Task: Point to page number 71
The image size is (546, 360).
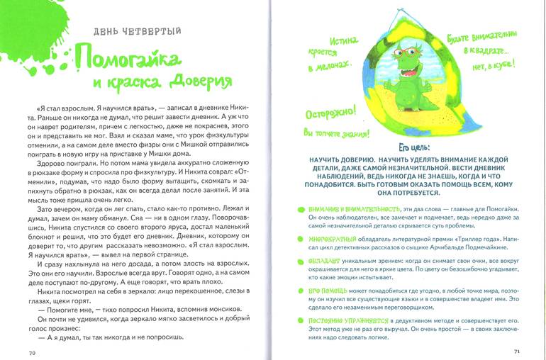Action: pos(517,351)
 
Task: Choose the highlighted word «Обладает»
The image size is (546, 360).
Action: pos(327,260)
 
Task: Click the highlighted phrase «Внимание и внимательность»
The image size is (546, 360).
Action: pos(355,208)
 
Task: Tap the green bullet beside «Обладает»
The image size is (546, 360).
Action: pos(301,261)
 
